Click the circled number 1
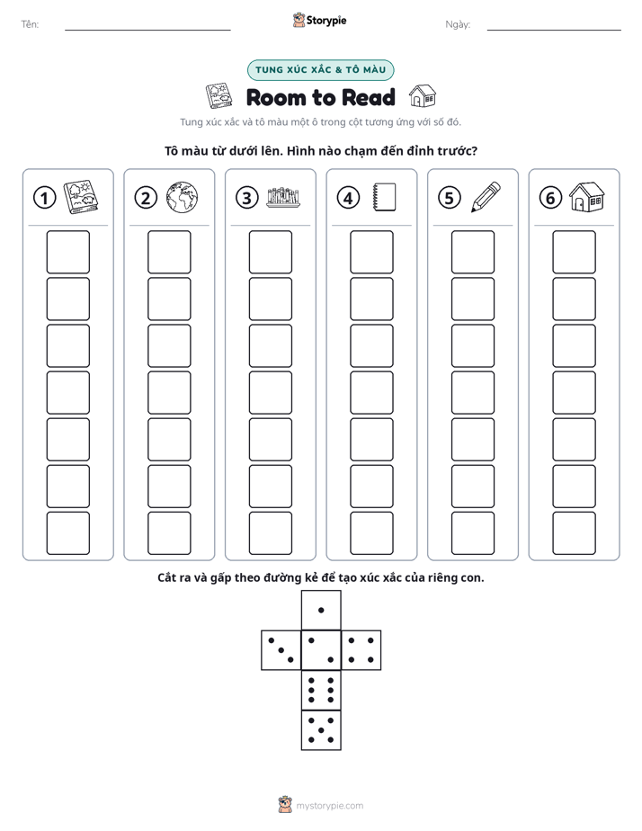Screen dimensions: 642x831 [44, 198]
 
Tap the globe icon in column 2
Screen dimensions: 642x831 [182, 198]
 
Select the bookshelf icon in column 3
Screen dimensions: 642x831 [283, 197]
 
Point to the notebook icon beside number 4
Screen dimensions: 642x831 [384, 197]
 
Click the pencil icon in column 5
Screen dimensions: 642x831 [486, 197]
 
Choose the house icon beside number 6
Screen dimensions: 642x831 [587, 197]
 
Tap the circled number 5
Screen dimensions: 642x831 [450, 198]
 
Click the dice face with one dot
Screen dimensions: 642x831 [321, 611]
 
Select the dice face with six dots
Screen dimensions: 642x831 [321, 691]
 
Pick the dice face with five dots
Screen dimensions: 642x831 [321, 730]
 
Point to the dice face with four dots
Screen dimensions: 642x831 [361, 650]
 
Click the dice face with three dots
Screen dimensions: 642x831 [281, 650]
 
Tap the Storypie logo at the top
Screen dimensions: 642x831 [319, 20]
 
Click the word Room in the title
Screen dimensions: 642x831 [276, 97]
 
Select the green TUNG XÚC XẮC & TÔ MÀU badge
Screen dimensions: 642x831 [320, 70]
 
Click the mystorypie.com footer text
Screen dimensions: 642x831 [329, 806]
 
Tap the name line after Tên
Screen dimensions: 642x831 [147, 30]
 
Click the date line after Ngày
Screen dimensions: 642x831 [554, 30]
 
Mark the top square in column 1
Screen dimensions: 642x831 [67, 252]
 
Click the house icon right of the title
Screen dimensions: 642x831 [423, 96]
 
